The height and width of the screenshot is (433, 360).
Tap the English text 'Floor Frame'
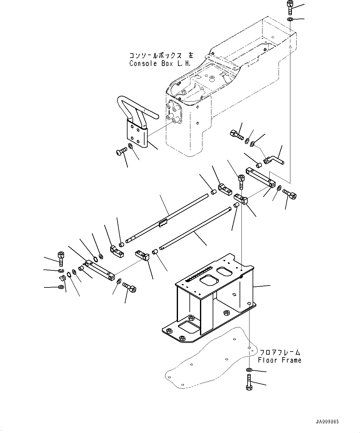pyautogui.click(x=280, y=360)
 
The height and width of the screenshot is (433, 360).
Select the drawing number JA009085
pyautogui.click(x=327, y=422)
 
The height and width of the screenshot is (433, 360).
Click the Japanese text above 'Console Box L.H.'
pyautogui.click(x=161, y=56)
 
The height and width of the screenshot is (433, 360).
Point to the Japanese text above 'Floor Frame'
pyautogui.click(x=280, y=352)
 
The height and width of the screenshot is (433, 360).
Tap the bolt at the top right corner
pyautogui.click(x=289, y=7)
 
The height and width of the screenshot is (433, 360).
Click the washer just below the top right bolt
pyautogui.click(x=290, y=20)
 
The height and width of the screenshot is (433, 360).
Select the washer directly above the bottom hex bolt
pyautogui.click(x=249, y=370)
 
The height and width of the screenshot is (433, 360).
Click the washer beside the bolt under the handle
pyautogui.click(x=131, y=146)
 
